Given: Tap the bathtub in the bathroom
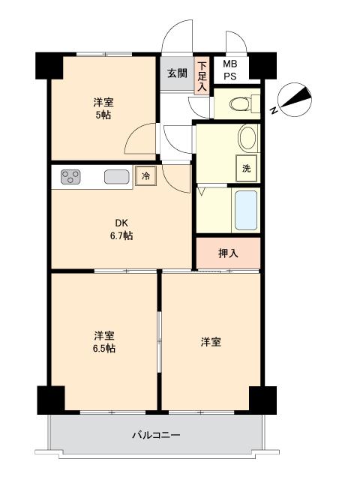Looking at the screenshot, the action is click(246, 210).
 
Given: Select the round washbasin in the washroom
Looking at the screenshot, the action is click(247, 138).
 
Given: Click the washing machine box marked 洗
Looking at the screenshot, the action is click(247, 168).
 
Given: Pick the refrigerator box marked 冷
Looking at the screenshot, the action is click(146, 175).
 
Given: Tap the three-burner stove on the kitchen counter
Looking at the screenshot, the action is click(70, 177).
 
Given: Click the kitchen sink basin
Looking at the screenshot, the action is click(117, 177).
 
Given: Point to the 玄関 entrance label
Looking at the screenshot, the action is click(177, 73).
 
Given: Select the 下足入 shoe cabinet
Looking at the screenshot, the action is click(202, 76).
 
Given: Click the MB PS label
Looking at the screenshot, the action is click(230, 70).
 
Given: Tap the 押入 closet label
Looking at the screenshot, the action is click(228, 253).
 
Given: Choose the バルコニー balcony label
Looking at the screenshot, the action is click(156, 435).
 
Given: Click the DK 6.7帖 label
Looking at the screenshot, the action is click(121, 229).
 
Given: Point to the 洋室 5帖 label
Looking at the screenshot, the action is click(103, 108).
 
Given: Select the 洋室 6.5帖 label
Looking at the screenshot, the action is click(104, 342).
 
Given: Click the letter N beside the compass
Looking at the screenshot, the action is click(274, 110).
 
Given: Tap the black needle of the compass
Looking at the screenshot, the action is click(296, 98).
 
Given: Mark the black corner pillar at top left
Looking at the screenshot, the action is click(49, 66).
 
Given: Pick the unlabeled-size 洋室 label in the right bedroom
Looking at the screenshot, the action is click(211, 342).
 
